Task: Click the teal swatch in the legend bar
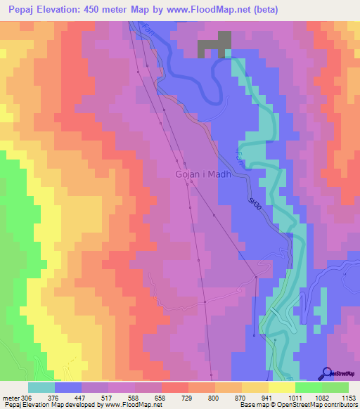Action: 41,387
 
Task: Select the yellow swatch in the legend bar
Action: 281,387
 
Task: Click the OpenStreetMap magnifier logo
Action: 327,372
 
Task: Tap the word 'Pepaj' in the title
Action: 18,10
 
